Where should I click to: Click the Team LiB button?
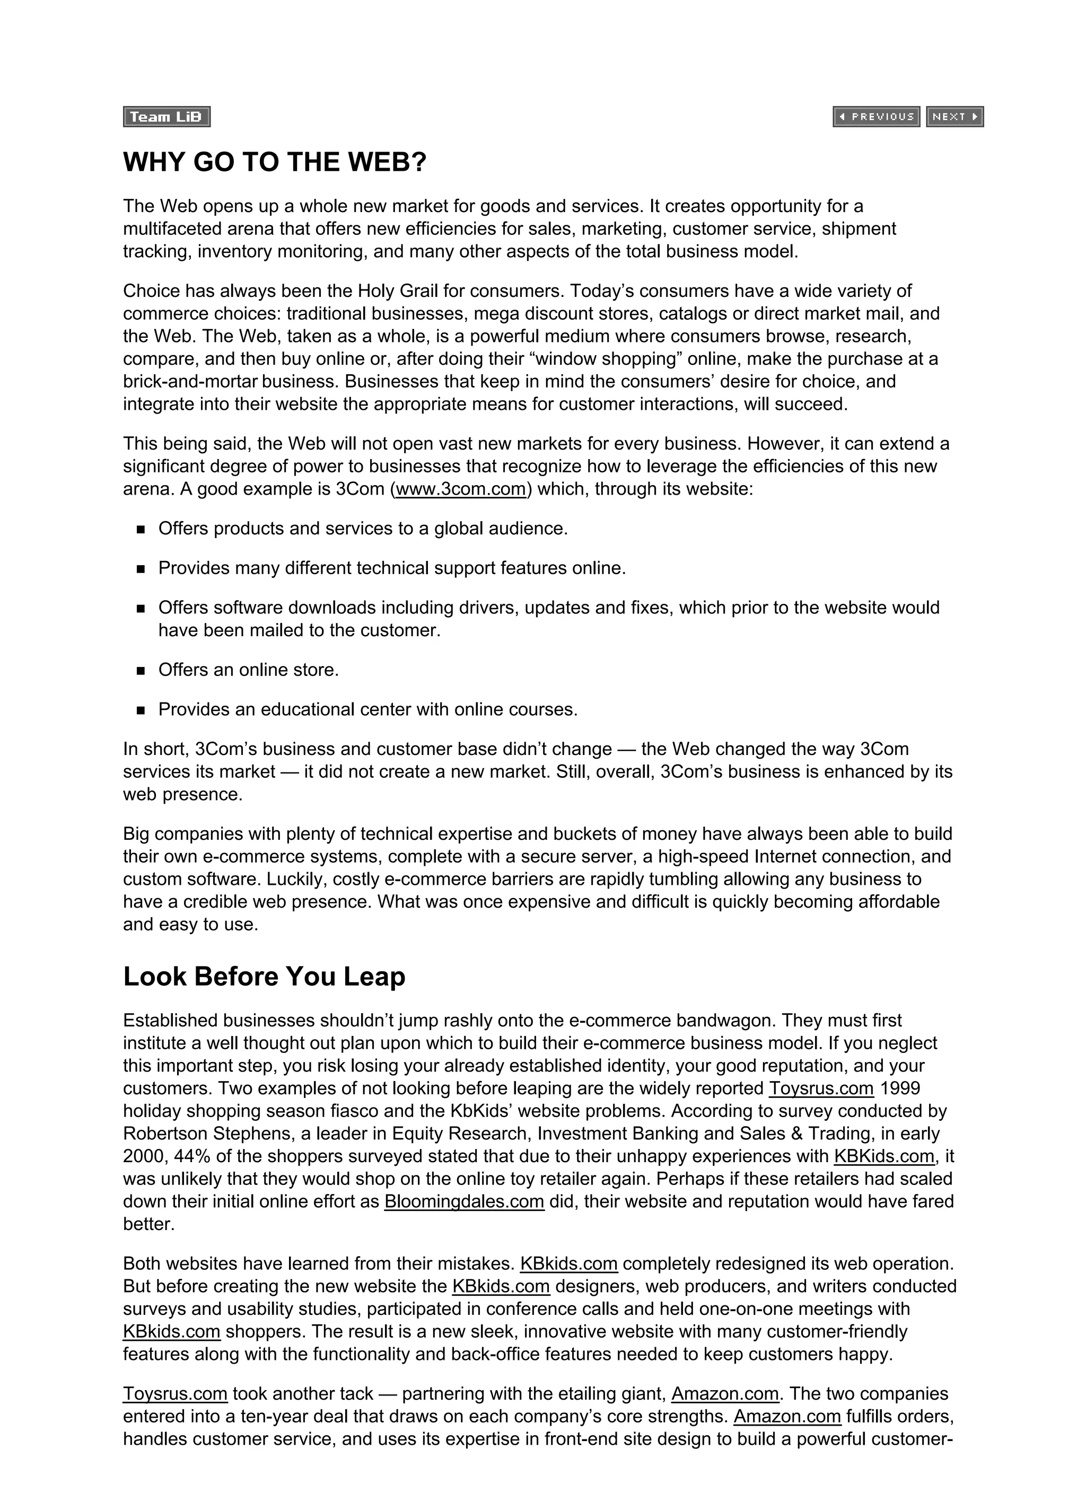[167, 117]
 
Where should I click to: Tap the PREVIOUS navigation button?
[876, 117]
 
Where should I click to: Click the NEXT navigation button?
[954, 117]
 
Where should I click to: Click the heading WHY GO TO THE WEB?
[275, 162]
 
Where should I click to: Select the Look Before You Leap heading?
[264, 976]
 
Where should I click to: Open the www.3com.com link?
[461, 489]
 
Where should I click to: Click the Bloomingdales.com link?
[465, 1201]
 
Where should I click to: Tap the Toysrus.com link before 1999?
[821, 1088]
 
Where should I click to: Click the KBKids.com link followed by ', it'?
[884, 1156]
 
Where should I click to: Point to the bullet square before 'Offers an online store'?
[141, 671]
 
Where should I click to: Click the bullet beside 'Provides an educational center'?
[141, 710]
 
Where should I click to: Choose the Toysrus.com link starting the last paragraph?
[175, 1394]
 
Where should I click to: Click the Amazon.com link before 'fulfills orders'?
[787, 1417]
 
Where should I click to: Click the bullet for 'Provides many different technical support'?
[141, 569]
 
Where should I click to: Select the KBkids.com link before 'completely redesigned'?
[568, 1264]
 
